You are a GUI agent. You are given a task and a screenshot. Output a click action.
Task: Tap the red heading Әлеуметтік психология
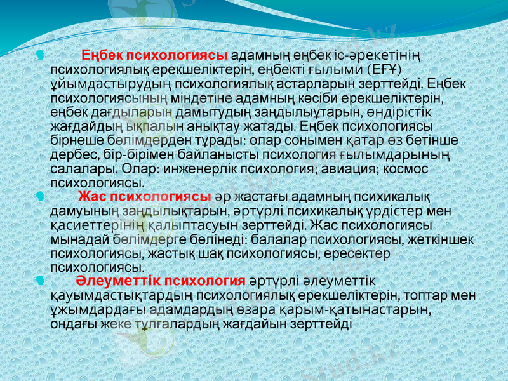pos(161,281)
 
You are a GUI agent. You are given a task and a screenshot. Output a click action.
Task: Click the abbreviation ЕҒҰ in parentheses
pos(386,69)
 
